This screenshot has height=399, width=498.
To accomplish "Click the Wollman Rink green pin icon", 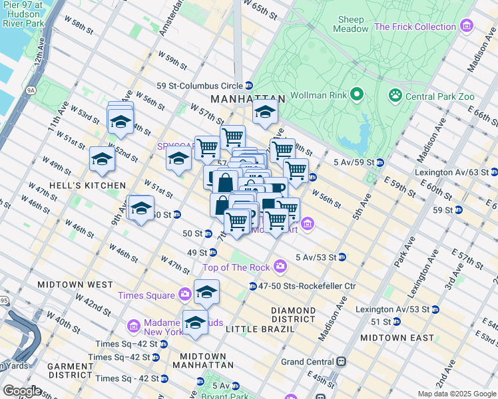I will (x=357, y=94).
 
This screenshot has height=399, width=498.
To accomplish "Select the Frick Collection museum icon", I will (x=467, y=27).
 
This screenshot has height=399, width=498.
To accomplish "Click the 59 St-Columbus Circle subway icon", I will (x=248, y=85).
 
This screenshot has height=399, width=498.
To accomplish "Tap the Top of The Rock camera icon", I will (x=280, y=267).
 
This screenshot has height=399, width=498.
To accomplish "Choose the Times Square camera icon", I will (x=184, y=295).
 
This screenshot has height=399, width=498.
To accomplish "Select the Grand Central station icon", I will (x=341, y=362).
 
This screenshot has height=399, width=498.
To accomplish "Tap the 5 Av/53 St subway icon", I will (x=342, y=257).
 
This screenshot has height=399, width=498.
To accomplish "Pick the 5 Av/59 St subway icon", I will (x=379, y=162).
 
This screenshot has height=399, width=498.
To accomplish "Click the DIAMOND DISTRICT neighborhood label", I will (x=293, y=315).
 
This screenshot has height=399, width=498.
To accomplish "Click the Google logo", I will (x=21, y=390).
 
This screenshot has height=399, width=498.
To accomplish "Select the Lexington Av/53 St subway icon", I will (x=435, y=309).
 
